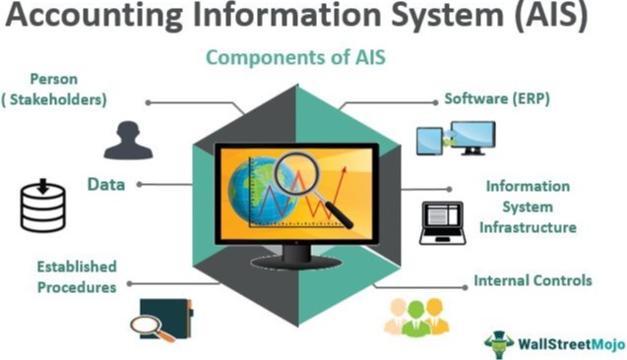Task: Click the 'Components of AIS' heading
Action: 294,57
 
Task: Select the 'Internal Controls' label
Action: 533,281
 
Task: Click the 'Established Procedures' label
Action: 76,276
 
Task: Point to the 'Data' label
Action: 104,184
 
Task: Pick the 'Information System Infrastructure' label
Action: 528,207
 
